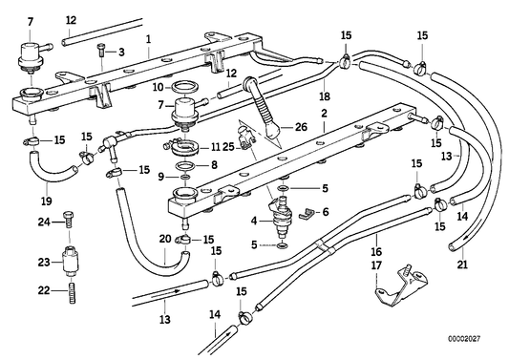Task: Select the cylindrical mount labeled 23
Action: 71,261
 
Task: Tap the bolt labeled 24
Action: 70,224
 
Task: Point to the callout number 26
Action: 301,128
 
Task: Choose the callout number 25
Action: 228,146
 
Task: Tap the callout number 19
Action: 46,201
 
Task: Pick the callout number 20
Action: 163,240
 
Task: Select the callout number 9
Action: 161,177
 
